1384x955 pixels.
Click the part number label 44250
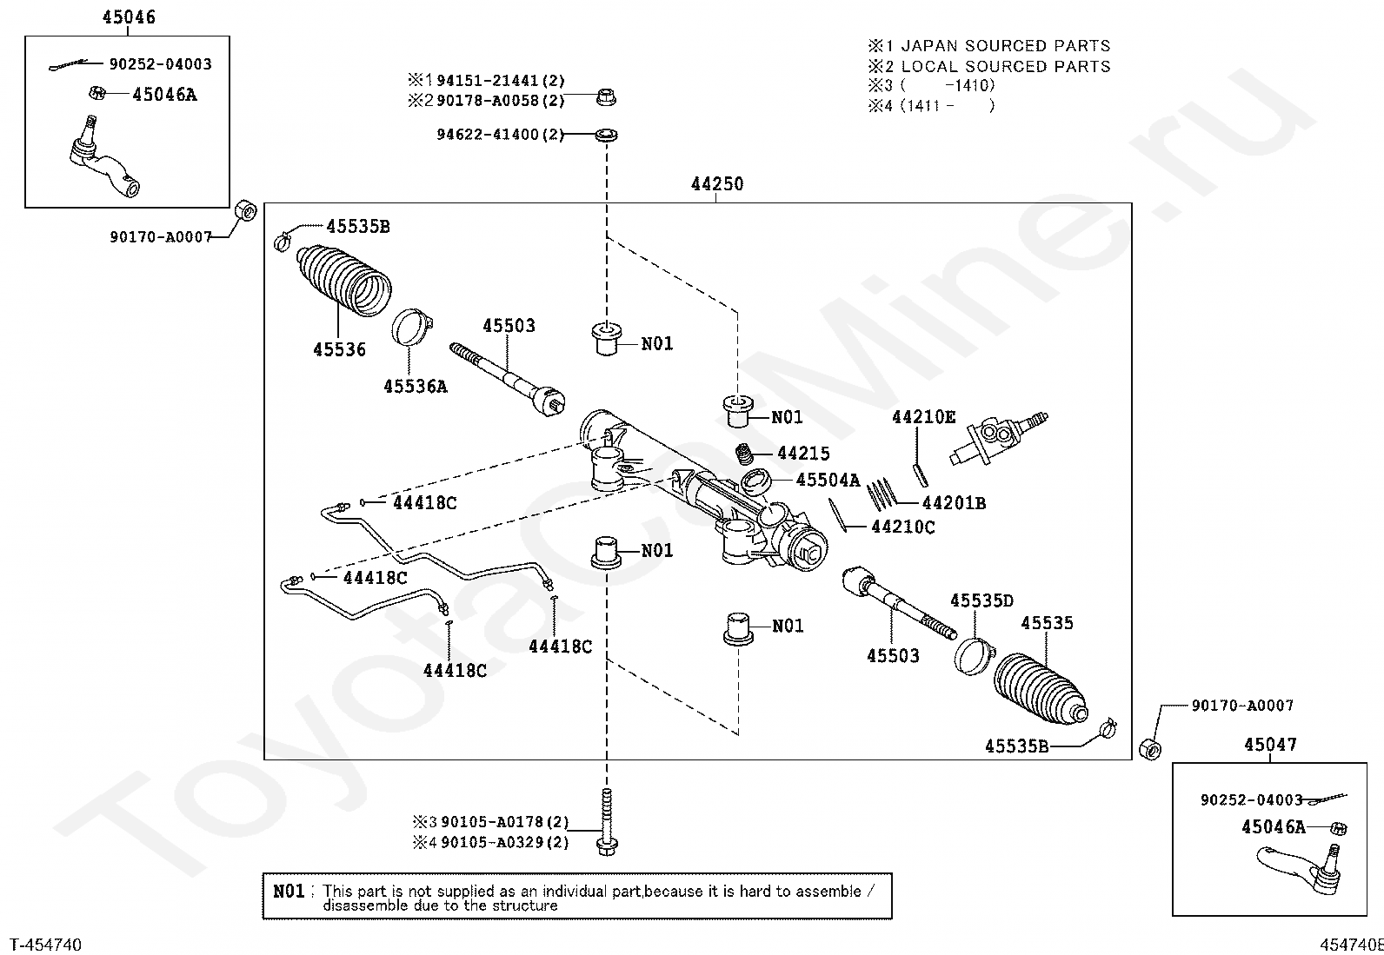716,184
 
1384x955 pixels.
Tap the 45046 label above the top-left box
129,17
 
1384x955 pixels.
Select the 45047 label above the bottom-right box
1269,745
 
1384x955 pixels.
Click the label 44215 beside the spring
803,454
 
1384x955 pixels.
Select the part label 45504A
828,481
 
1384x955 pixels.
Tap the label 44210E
923,418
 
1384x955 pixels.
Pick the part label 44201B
953,503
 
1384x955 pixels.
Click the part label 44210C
902,527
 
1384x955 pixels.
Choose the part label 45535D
981,600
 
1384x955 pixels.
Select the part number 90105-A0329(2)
504,842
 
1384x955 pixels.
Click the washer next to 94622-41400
606,136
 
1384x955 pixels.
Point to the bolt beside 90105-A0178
607,821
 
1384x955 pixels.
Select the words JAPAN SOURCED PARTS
1005,46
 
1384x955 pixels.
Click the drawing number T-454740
45,945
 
